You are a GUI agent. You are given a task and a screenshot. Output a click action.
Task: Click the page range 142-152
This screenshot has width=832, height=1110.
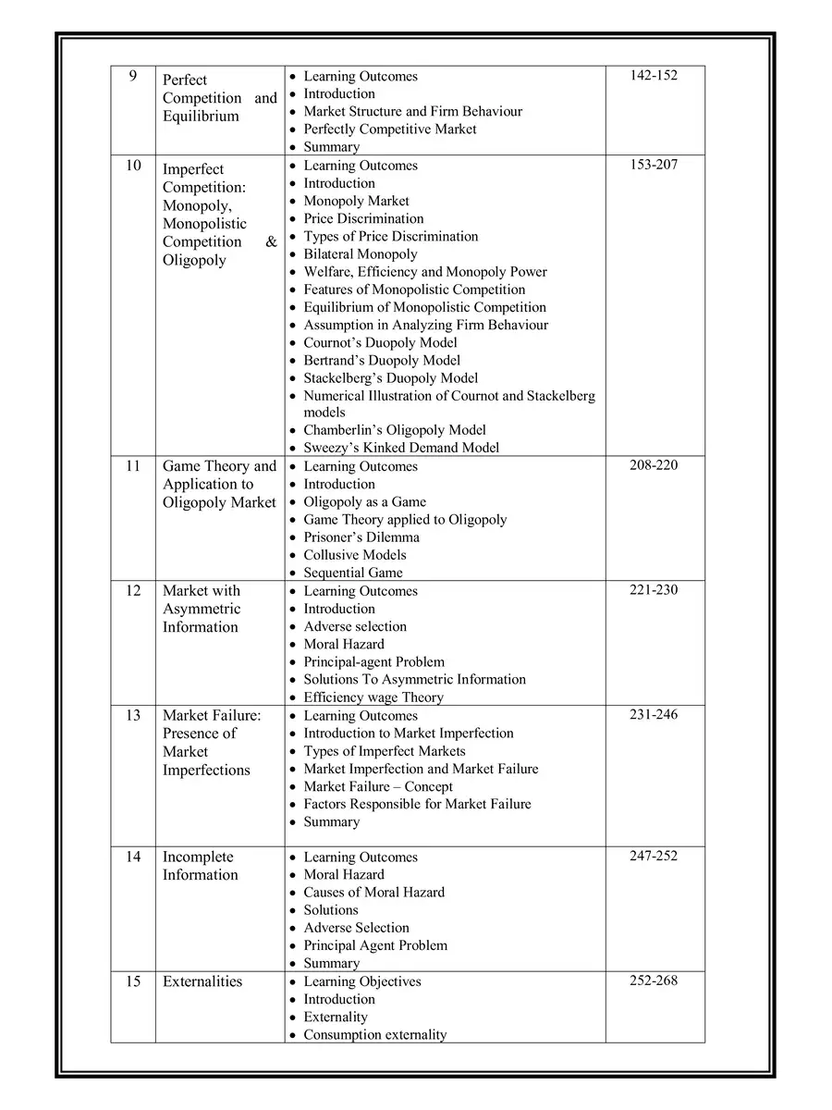coord(654,75)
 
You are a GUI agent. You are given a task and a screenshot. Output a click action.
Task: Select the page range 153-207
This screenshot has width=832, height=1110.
coord(654,165)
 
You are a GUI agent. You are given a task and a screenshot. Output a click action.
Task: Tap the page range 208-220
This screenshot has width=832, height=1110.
coord(654,465)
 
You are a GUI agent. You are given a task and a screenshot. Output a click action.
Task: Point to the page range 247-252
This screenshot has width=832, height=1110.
coord(654,856)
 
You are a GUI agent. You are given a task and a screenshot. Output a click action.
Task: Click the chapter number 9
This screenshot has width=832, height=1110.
coord(133,76)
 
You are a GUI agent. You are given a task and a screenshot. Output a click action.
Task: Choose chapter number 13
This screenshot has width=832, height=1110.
coord(133,715)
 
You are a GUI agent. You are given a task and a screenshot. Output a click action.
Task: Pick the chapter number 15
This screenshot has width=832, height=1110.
coord(133,981)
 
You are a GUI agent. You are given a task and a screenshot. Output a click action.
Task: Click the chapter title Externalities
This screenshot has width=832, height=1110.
coord(202,981)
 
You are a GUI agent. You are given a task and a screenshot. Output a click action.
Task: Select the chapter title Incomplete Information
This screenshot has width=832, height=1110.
coord(200,866)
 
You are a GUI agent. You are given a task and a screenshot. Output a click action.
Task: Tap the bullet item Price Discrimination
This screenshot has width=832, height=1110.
coord(363,218)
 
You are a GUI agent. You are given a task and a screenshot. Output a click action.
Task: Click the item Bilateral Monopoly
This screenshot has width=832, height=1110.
coord(361,253)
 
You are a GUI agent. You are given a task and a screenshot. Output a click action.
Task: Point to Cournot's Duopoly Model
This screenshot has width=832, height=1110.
coord(380,342)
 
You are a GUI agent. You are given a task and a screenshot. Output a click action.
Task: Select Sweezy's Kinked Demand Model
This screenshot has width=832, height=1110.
coord(401,448)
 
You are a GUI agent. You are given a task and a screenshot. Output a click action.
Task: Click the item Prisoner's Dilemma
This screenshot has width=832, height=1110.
coord(361,537)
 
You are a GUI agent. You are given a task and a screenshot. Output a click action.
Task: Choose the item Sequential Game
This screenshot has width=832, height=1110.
coord(353,573)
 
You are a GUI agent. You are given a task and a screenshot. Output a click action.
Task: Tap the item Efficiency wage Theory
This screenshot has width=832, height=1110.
coord(373,697)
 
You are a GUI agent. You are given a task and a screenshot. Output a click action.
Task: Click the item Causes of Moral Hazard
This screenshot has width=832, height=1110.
coord(373,893)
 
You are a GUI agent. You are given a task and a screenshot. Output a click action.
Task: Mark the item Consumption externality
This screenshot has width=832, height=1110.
coord(374,1035)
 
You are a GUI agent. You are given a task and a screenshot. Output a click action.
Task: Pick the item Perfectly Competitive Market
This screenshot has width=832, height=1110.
coord(390,129)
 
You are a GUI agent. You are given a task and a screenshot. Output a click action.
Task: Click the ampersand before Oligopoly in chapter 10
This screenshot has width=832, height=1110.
coord(271,242)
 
